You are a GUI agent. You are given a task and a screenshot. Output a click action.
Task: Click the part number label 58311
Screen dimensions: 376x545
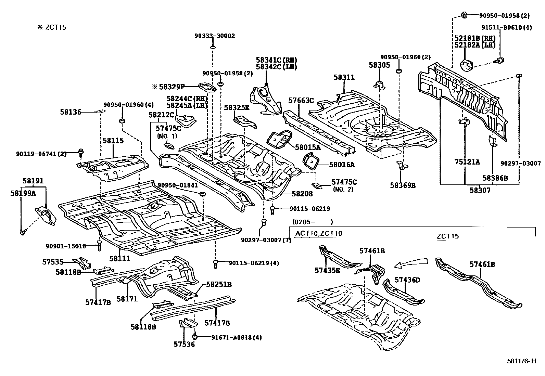(x=344, y=78)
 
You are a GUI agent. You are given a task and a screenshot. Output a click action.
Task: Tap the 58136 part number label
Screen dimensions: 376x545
(x=71, y=112)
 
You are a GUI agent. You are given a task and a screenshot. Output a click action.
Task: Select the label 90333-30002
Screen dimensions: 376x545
(x=215, y=36)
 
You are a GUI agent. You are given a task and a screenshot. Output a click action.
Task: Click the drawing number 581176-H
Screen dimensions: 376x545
(x=521, y=361)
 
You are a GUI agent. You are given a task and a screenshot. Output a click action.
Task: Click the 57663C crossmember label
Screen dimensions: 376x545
(x=301, y=100)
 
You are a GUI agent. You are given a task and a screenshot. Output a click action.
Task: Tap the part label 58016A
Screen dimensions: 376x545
(x=342, y=165)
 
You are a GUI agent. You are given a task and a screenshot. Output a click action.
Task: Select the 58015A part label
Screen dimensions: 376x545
(x=308, y=147)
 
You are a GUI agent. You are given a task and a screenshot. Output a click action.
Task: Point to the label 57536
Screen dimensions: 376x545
(x=184, y=344)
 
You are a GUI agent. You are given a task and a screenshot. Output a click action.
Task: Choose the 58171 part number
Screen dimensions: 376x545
(x=127, y=299)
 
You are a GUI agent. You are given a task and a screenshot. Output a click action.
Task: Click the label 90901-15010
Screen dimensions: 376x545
(x=66, y=246)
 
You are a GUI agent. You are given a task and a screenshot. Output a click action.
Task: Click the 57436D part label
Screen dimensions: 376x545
(x=407, y=280)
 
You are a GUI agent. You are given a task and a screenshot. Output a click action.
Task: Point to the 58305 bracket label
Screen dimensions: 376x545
(x=379, y=65)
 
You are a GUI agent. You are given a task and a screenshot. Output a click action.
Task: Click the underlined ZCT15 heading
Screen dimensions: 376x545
(x=448, y=236)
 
